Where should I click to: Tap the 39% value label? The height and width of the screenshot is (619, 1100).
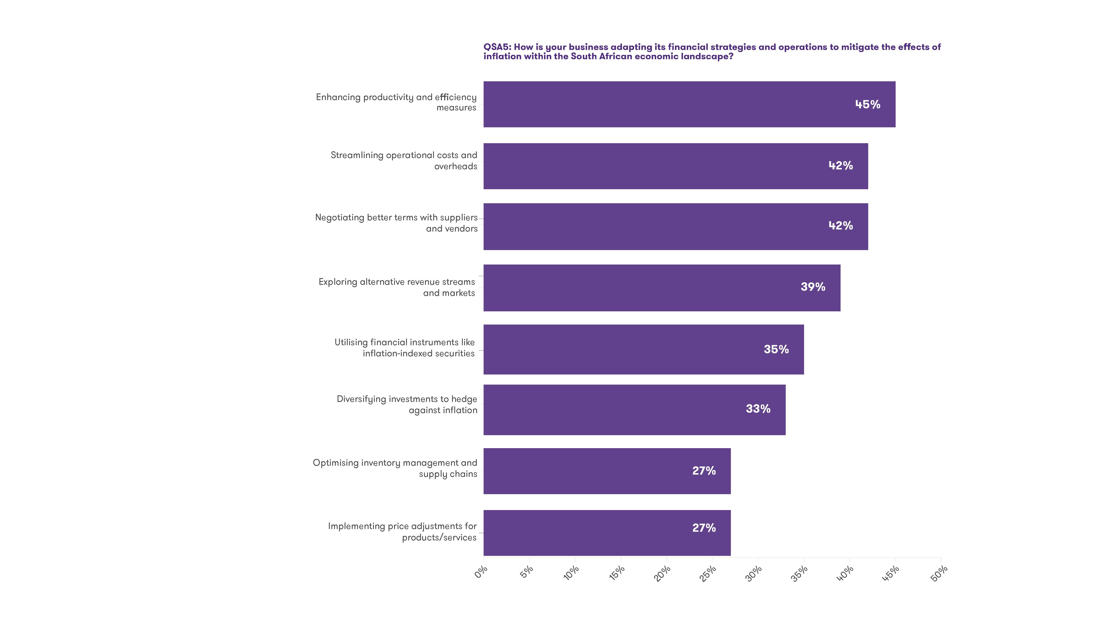(813, 287)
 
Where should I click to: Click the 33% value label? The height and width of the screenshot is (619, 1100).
(758, 409)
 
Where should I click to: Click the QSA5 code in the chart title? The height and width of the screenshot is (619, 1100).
(497, 47)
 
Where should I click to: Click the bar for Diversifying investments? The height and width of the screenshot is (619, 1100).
(634, 410)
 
